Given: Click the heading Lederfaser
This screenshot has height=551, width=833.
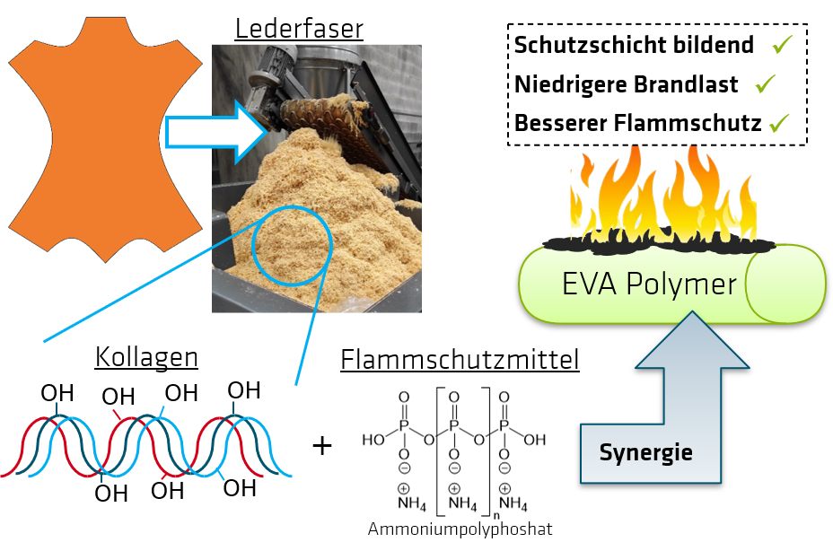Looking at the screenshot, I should pyautogui.click(x=299, y=28).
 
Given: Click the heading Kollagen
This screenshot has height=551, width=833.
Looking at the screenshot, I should pyautogui.click(x=146, y=357).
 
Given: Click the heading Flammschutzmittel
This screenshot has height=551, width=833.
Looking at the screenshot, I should pyautogui.click(x=460, y=361).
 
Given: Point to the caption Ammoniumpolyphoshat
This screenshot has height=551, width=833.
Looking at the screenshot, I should pyautogui.click(x=460, y=529).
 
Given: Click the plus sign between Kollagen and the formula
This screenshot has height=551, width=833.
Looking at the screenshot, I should pyautogui.click(x=322, y=444).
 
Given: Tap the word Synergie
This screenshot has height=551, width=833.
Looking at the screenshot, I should pyautogui.click(x=645, y=452).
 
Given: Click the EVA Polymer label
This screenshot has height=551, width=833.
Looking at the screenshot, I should pyautogui.click(x=650, y=284).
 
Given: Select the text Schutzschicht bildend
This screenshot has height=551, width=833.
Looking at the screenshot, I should pyautogui.click(x=634, y=45).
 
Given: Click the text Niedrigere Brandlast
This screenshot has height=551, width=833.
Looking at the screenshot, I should pyautogui.click(x=626, y=84).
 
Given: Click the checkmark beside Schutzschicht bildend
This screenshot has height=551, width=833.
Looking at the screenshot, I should pyautogui.click(x=781, y=44).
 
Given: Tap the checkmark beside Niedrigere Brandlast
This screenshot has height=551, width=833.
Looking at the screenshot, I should pyautogui.click(x=765, y=83).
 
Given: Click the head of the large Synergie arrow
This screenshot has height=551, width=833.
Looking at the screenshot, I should pyautogui.click(x=692, y=345).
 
